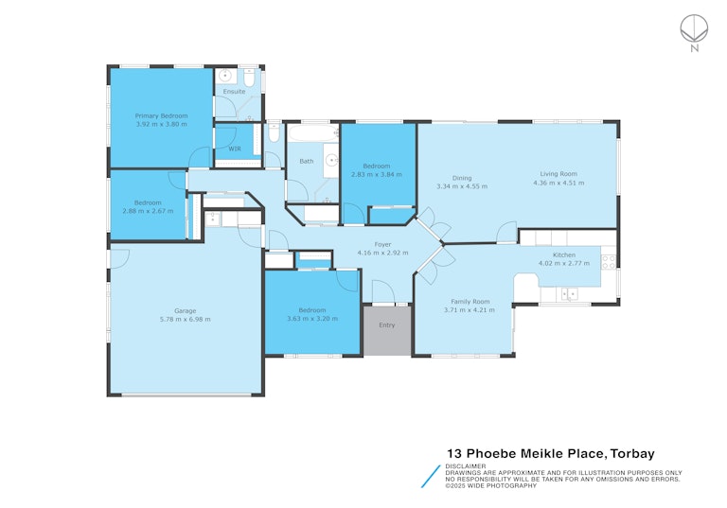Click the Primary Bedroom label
click(161, 115)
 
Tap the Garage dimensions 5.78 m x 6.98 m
click(185, 320)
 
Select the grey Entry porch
click(387, 330)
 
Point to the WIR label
click(235, 149)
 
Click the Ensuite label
click(234, 92)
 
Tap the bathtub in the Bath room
click(313, 134)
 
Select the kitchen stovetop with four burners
click(609, 262)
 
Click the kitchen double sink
click(569, 294)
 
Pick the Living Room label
click(559, 174)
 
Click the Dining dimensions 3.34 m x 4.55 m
click(462, 186)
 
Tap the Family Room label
click(470, 301)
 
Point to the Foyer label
click(383, 244)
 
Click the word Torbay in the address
click(632, 453)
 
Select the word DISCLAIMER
click(466, 466)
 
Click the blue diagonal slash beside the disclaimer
click(431, 477)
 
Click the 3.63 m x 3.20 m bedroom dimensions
click(312, 319)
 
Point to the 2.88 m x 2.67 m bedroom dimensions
click(148, 211)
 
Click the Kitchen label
click(564, 254)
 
